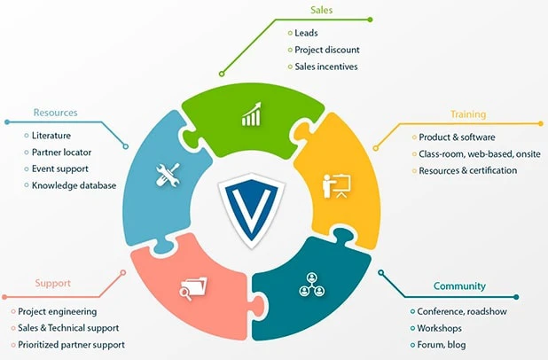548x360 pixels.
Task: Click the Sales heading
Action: [x=320, y=11]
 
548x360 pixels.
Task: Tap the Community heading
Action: [x=459, y=286]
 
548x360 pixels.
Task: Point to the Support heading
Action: [x=52, y=284]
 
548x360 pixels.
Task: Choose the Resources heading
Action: [x=55, y=113]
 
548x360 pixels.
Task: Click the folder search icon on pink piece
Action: [x=192, y=287]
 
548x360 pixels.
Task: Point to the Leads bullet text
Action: [x=306, y=33]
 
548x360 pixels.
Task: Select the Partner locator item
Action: [x=61, y=152]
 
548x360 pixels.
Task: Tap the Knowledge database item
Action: [x=74, y=185]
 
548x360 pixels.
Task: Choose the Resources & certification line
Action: [x=467, y=170]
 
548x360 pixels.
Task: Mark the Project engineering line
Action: [x=58, y=311]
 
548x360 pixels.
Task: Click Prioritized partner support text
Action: [x=71, y=344]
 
